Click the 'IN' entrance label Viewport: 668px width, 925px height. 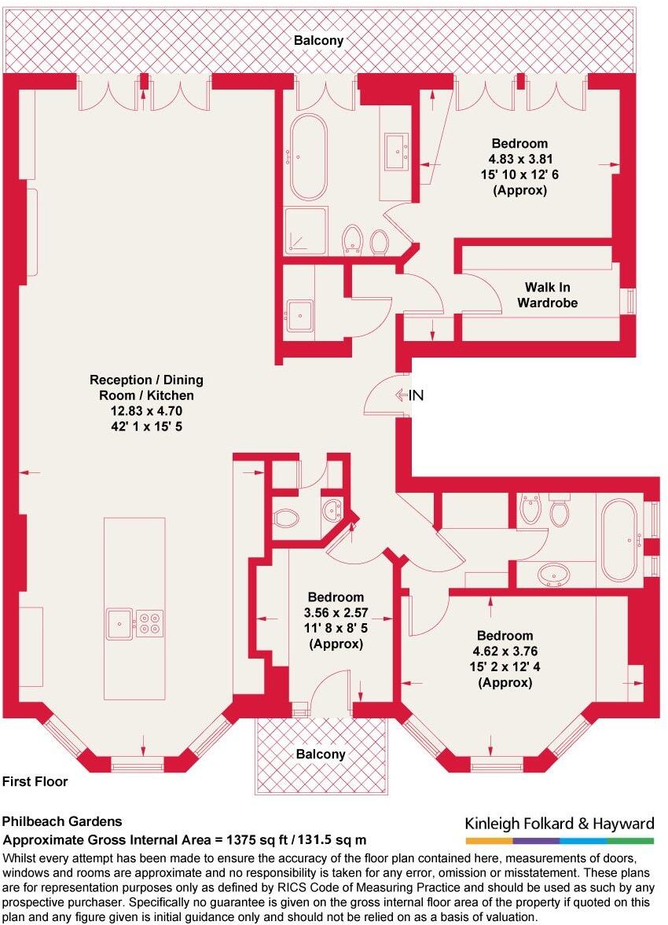click(416, 395)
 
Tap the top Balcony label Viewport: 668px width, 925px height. click(318, 41)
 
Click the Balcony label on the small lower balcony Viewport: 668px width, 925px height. click(321, 754)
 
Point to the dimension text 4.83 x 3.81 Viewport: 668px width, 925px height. click(519, 160)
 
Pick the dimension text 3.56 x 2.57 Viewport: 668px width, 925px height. click(336, 613)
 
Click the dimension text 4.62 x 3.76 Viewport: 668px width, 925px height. click(505, 652)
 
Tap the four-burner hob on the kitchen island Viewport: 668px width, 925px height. click(149, 623)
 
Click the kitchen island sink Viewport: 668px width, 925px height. click(119, 623)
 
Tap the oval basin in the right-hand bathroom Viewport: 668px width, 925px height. click(555, 575)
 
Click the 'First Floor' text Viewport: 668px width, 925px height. click(35, 782)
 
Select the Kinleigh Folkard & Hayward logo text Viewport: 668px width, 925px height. click(559, 824)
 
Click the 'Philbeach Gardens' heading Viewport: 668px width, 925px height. click(62, 822)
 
